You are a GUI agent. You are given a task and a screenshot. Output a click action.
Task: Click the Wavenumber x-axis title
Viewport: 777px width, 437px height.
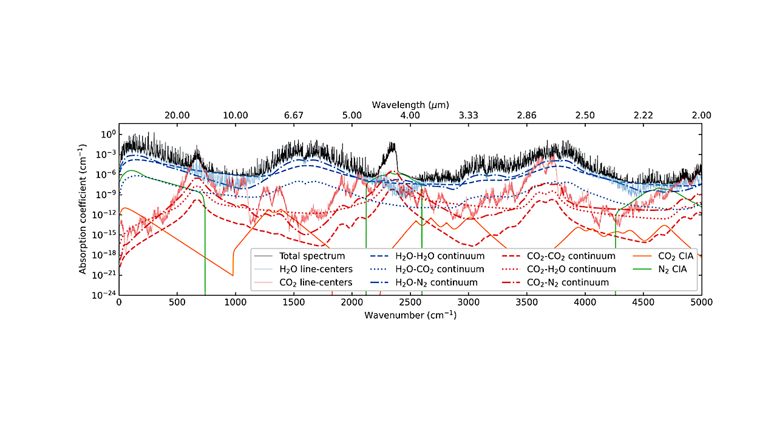point(410,316)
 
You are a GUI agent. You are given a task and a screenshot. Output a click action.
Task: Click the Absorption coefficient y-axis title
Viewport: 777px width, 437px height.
point(83,210)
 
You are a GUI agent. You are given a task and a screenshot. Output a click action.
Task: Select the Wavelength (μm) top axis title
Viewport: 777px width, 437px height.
point(410,104)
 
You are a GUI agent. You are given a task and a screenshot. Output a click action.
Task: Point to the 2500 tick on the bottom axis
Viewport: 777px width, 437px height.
point(410,302)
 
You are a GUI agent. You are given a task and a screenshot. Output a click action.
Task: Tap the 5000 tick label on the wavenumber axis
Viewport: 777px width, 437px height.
point(701,302)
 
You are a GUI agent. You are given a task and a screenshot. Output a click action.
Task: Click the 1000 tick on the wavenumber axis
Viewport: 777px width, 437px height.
point(236,302)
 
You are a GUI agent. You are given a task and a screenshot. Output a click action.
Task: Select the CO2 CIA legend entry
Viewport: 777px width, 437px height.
point(673,256)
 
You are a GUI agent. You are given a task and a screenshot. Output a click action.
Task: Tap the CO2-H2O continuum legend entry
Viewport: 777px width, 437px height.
point(571,269)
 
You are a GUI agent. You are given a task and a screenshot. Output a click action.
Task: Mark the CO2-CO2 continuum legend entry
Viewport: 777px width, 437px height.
point(571,256)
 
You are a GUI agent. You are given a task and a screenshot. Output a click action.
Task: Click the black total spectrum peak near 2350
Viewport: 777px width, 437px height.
point(392,145)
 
